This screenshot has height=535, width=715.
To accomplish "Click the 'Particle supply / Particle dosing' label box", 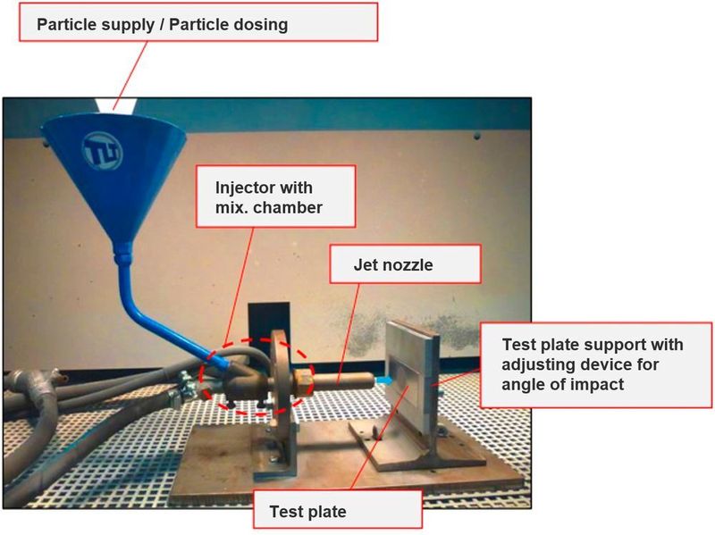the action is coord(198,21).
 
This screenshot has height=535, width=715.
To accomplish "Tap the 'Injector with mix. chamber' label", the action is coord(275,196).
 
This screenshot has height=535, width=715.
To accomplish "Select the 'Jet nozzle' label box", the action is coord(405,263).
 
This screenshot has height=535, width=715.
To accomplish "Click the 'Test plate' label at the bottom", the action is coord(338,509).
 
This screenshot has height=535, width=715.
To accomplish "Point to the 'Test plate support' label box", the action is coord(596,364).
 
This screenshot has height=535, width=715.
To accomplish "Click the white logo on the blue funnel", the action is coord(103,151).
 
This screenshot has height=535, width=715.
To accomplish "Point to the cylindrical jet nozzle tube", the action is coord(343,380).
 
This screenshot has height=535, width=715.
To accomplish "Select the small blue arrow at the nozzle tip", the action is coord(383,380).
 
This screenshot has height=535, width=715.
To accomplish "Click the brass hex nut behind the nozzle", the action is coord(303,380).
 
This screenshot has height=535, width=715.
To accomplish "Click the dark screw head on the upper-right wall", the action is coord(477,136).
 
